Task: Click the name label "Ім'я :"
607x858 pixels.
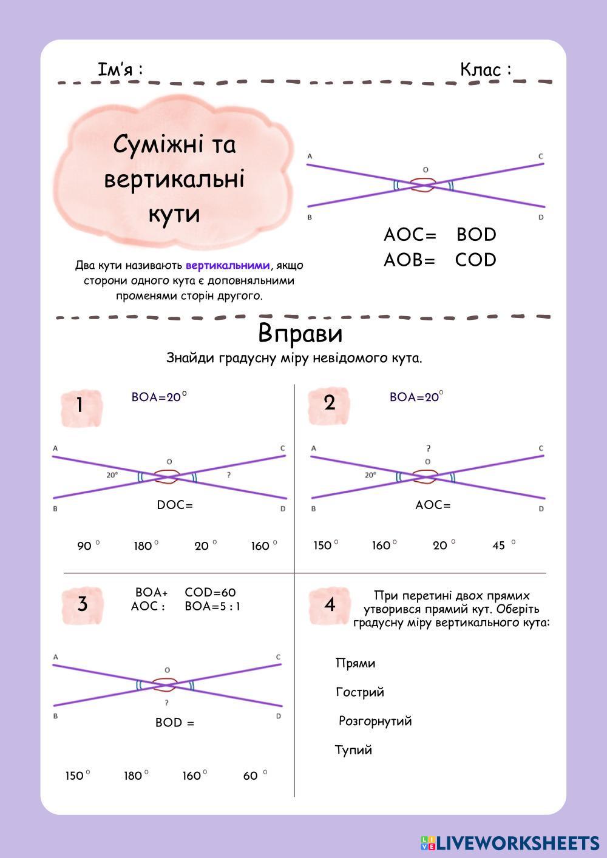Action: tap(120, 70)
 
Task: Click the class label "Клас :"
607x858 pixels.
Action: tap(485, 70)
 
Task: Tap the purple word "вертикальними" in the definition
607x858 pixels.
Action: tap(227, 265)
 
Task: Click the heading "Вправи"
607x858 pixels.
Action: tap(300, 333)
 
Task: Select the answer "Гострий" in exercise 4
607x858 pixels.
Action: tap(359, 692)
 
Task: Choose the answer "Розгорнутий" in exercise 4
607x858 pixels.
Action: tap(375, 721)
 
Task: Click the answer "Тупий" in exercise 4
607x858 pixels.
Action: tap(353, 750)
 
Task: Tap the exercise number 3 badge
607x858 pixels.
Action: tap(83, 604)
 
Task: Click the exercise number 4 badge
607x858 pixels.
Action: tap(330, 604)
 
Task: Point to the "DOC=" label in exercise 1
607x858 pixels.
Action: tap(175, 505)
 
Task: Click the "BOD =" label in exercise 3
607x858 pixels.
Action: tap(175, 723)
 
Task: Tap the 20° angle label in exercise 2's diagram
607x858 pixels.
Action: tap(370, 475)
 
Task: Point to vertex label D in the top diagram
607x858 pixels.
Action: tap(541, 217)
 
